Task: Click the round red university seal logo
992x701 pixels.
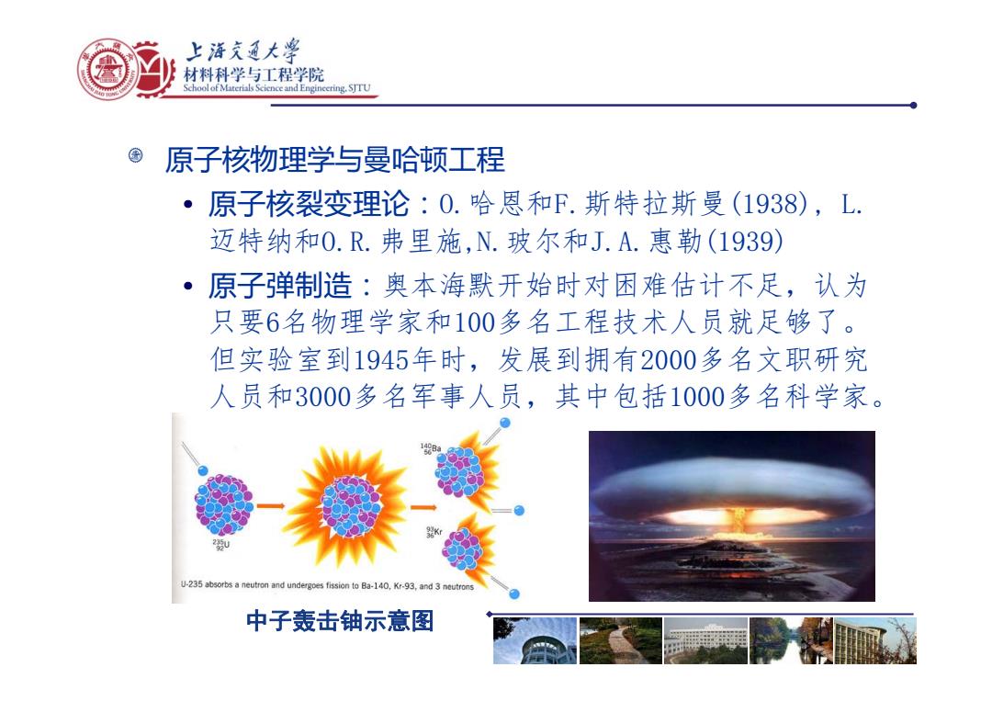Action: tap(107, 69)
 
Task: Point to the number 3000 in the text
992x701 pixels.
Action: tap(323, 397)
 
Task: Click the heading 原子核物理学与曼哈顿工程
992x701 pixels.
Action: tap(334, 160)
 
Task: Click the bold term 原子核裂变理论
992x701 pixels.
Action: tap(309, 204)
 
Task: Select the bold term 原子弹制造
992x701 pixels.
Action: tap(280, 286)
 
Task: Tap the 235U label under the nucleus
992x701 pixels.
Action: tap(220, 545)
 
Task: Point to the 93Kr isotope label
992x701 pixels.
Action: tap(434, 532)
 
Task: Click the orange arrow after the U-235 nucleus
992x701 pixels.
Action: tap(270, 505)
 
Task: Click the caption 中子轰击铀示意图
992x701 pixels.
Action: tap(340, 621)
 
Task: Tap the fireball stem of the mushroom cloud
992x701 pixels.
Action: tap(736, 521)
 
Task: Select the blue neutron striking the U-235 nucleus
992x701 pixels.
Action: tap(202, 470)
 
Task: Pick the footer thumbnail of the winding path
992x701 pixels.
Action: tap(621, 641)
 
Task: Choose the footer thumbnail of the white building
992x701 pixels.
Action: tap(705, 641)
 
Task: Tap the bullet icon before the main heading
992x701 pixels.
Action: tap(135, 155)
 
